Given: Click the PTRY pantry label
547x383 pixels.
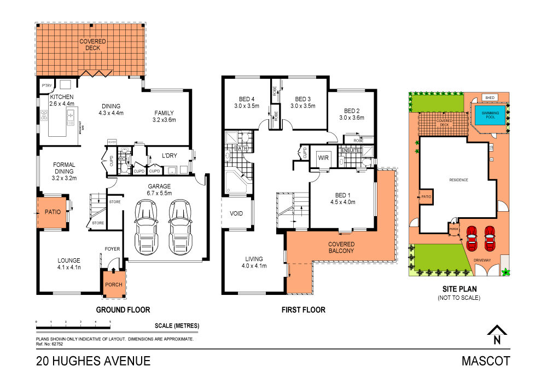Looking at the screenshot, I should click(x=46, y=85).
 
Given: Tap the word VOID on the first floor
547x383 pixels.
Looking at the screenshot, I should click(x=236, y=213).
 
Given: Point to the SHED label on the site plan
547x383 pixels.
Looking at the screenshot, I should click(x=490, y=98).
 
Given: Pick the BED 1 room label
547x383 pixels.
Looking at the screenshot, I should click(x=343, y=198).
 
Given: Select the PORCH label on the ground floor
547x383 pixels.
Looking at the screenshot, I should click(x=113, y=285).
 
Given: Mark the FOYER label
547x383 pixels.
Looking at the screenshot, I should click(x=112, y=249).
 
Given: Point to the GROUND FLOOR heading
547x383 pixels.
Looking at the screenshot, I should click(x=123, y=310).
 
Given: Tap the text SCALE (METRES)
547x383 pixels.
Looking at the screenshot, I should click(x=177, y=326).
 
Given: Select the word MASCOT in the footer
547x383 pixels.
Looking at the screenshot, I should click(x=486, y=361).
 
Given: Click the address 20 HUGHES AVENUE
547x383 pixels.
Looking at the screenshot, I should click(x=93, y=361).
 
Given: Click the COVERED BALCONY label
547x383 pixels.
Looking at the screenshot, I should click(x=342, y=247).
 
